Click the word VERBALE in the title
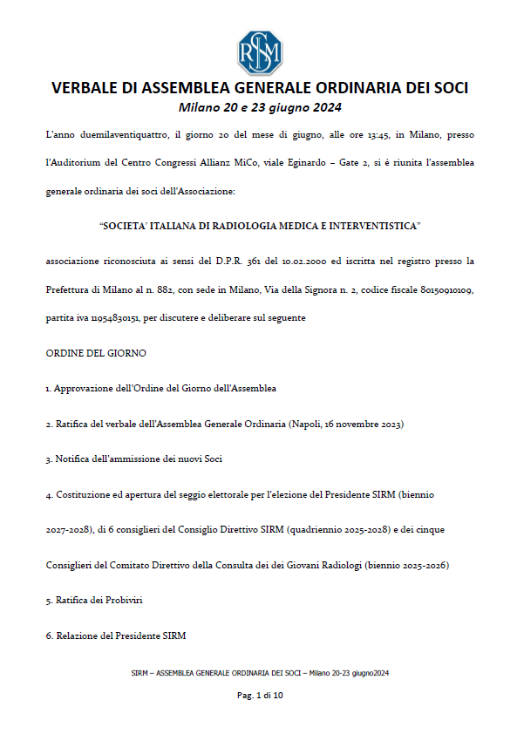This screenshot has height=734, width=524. point(88,88)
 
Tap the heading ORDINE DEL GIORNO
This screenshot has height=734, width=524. point(96,353)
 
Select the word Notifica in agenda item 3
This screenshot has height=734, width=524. point(72,459)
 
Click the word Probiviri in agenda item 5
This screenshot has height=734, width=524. point(122,601)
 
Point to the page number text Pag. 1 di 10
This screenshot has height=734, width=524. point(262,695)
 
